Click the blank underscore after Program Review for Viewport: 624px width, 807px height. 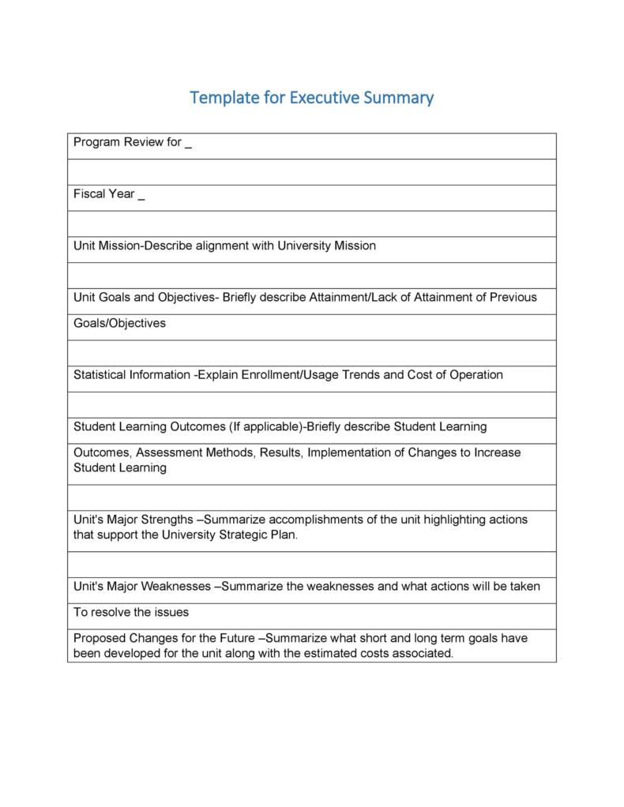click(189, 145)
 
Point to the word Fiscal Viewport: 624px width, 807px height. click(88, 193)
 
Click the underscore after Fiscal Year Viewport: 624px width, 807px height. click(141, 197)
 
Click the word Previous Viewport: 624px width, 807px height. click(513, 298)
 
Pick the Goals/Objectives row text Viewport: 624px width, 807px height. click(119, 323)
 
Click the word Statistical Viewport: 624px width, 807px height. click(101, 375)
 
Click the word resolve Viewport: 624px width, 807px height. click(109, 612)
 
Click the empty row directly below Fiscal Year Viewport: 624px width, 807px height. click(311, 223)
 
